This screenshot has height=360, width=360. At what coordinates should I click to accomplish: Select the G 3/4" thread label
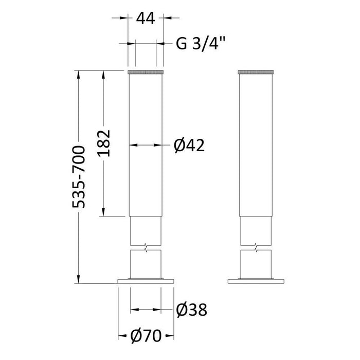[201, 43]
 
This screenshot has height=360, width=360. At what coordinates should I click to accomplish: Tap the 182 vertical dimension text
[103, 143]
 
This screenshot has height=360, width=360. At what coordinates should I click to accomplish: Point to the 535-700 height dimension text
[79, 177]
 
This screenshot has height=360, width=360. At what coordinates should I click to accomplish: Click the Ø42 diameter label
[189, 146]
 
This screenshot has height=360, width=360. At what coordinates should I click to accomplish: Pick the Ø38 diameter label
[192, 310]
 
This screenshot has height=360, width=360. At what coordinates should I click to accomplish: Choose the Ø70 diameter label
[146, 336]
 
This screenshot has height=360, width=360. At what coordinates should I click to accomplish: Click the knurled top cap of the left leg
[146, 72]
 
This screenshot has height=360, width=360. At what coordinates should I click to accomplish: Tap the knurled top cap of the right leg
[256, 72]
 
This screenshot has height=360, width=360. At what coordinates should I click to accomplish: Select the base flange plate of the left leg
[146, 281]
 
